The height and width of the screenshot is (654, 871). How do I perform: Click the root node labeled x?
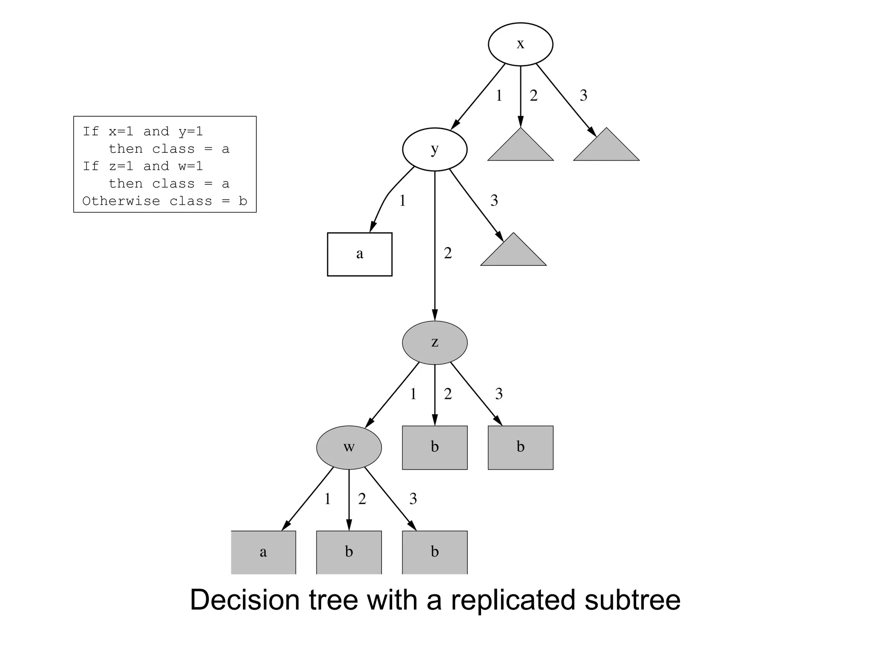520,44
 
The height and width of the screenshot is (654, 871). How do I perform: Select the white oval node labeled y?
435,149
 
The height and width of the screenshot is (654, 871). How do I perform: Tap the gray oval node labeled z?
435,342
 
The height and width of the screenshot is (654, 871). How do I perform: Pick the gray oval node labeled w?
349,447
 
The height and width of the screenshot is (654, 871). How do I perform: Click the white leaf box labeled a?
359,254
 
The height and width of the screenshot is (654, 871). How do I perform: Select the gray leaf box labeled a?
263,552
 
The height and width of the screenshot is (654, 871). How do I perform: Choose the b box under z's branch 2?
435,447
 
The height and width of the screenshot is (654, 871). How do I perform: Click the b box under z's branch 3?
521,447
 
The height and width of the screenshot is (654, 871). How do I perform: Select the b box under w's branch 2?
349,552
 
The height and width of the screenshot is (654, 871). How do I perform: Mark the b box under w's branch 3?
435,552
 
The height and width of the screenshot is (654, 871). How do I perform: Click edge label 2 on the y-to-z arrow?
448,253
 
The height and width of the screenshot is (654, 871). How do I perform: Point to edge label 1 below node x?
499,96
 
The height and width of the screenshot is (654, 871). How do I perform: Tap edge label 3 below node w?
413,499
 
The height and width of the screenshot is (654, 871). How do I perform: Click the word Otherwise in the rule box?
121,201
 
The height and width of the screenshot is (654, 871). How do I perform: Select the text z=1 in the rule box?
121,166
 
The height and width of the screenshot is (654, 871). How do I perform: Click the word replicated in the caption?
513,600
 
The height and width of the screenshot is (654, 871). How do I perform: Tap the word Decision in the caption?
245,600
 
